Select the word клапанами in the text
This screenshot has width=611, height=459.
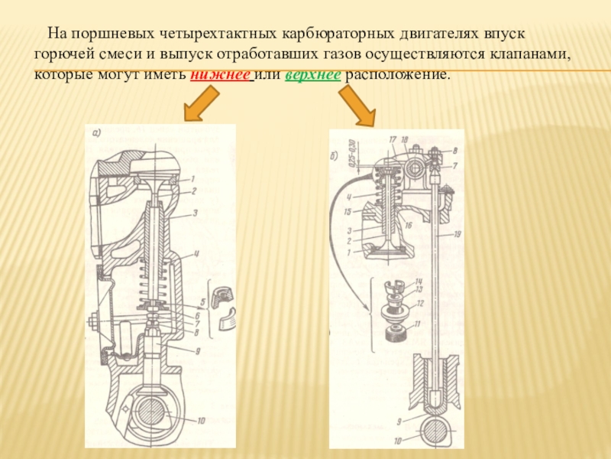pyautogui.click(x=529, y=57)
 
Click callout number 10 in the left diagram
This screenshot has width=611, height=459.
pyautogui.click(x=201, y=420)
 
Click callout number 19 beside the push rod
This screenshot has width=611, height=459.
pyautogui.click(x=457, y=234)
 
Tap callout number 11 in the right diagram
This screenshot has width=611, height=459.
pyautogui.click(x=417, y=324)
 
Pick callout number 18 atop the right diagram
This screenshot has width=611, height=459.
pyautogui.click(x=405, y=139)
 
